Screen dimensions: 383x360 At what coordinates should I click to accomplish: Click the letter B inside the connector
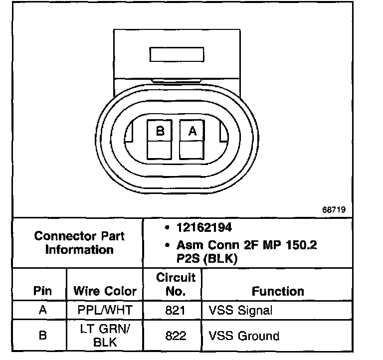pos(160,131)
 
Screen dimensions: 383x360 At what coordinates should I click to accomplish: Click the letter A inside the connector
pos(191,131)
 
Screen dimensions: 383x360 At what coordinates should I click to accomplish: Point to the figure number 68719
pos(334,209)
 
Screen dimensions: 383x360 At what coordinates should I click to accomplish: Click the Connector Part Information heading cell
pos(79,242)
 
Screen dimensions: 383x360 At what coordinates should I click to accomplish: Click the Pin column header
pos(42,291)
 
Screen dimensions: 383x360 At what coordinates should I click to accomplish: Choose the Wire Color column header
pos(105,291)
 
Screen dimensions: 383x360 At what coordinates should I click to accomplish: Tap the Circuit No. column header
pos(176,284)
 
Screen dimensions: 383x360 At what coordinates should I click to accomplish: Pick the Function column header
pos(278,291)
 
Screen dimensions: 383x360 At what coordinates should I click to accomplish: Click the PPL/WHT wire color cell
pos(105,310)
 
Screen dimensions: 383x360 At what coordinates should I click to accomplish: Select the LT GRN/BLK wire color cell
pos(105,335)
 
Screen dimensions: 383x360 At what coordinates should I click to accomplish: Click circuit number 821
pos(175,310)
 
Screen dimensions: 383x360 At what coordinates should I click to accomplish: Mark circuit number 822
pos(175,336)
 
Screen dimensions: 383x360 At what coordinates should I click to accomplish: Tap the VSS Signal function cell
pos(240,310)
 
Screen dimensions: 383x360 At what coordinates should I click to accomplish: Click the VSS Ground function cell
pos(243,336)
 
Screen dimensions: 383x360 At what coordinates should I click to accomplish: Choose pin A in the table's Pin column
pos(42,310)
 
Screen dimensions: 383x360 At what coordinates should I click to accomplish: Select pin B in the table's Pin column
pos(42,336)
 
